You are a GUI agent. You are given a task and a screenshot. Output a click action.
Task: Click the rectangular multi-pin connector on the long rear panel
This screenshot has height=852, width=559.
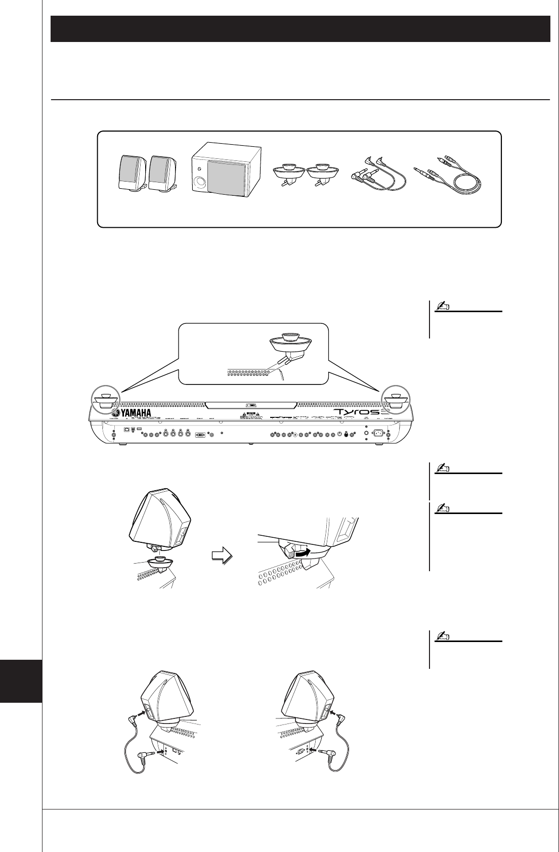click(x=200, y=434)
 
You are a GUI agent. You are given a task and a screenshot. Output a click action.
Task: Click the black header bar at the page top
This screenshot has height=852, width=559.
click(x=300, y=29)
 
